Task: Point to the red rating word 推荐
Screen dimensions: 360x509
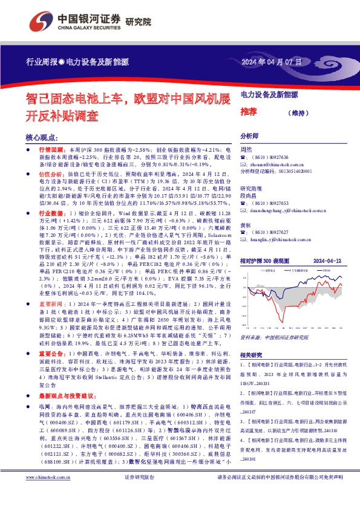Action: click(x=248, y=112)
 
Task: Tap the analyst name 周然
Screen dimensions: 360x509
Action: click(x=246, y=149)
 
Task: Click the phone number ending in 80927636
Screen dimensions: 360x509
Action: click(x=269, y=157)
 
